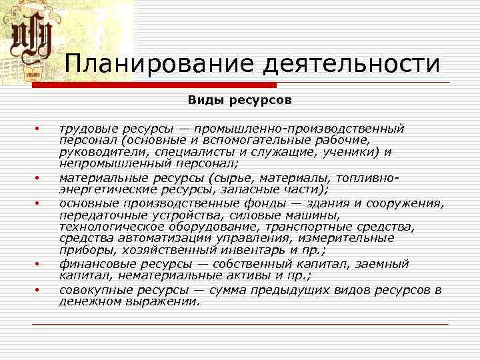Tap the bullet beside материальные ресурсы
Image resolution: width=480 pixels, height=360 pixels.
[39, 178]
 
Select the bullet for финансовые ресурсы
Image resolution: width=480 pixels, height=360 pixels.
[39, 265]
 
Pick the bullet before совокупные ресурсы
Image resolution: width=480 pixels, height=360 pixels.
[39, 290]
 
